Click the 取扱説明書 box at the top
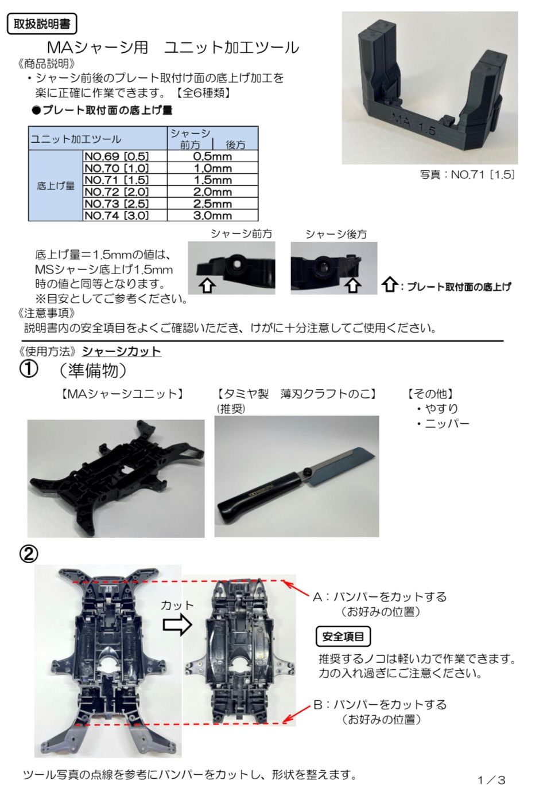pos(42,24)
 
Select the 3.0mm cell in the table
pos(212,215)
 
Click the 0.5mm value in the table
pos(212,156)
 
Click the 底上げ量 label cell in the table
pos(56,186)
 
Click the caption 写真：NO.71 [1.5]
pos(467,175)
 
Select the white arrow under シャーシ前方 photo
pos(207,285)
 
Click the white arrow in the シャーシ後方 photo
pos(352,285)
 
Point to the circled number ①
pos(29,370)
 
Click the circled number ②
pos(29,555)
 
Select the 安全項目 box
pos(343,637)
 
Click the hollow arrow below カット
pos(177,625)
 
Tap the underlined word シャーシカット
pos(122,352)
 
